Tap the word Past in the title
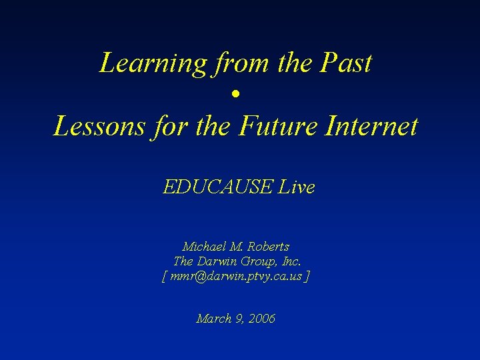click(x=347, y=63)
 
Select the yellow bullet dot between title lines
click(x=236, y=95)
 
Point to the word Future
click(x=275, y=126)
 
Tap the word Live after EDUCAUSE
click(x=296, y=187)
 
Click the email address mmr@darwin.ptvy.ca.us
click(x=236, y=276)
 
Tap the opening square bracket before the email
click(x=165, y=276)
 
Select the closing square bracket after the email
click(x=307, y=276)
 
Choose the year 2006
click(x=260, y=319)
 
